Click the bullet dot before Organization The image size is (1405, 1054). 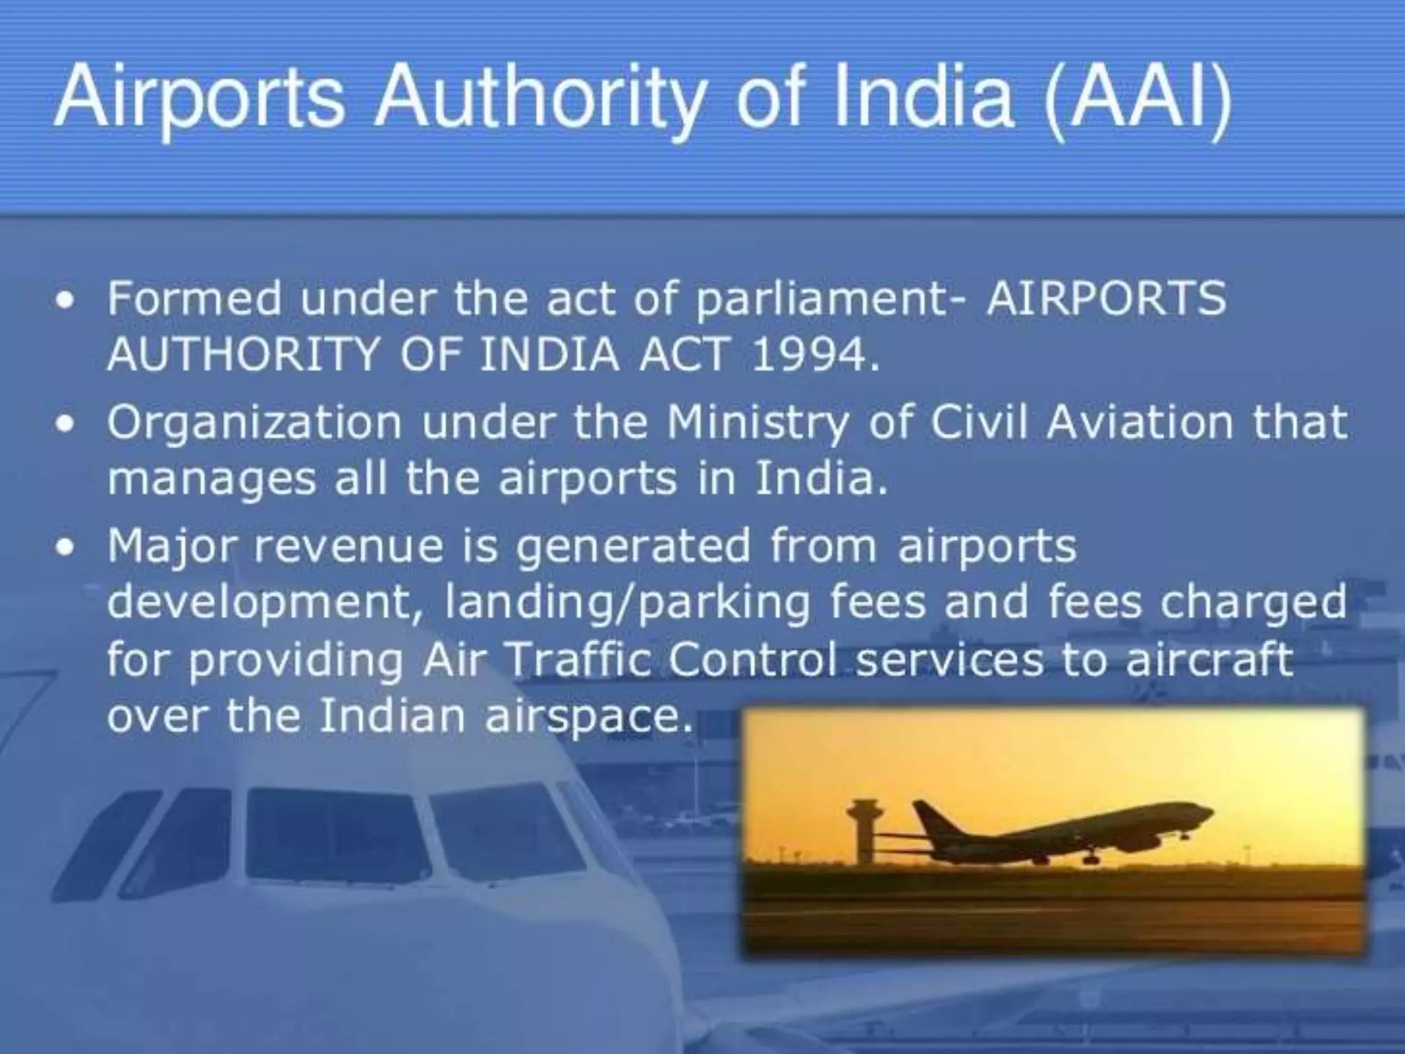(66, 424)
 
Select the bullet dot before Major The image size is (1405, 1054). (66, 548)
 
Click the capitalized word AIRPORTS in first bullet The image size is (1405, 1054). (1106, 299)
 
